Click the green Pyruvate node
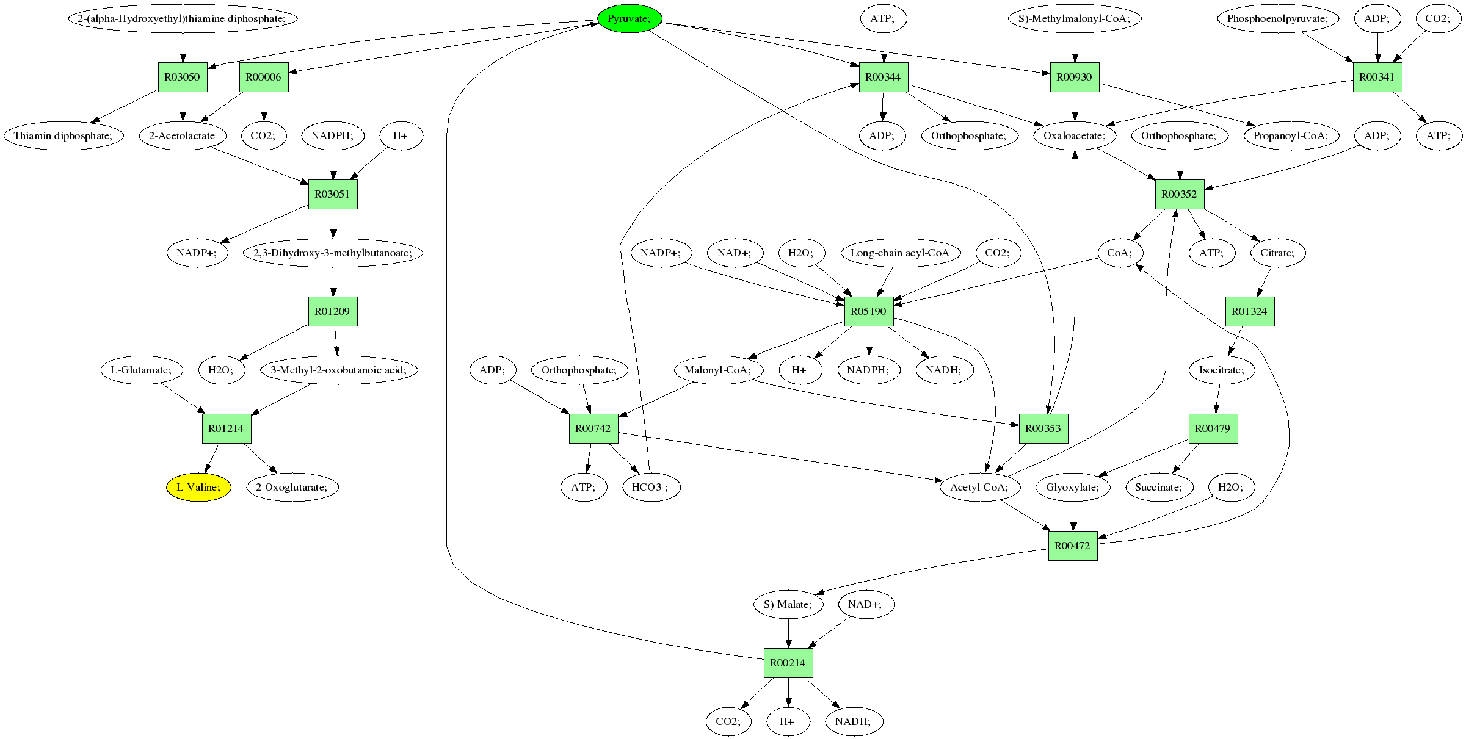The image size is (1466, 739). click(630, 18)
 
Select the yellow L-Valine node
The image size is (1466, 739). click(198, 487)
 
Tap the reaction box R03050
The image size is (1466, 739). click(183, 77)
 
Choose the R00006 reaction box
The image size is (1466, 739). click(264, 77)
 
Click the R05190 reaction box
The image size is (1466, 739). click(869, 311)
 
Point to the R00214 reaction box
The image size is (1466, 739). click(788, 663)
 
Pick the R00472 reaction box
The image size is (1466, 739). click(1073, 546)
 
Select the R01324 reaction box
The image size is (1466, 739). click(1250, 311)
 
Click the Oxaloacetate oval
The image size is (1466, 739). click(1075, 135)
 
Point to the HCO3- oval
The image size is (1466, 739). click(651, 487)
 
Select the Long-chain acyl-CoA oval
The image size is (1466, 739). click(900, 253)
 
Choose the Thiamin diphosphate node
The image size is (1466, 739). click(64, 135)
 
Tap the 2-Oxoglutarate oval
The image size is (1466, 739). click(292, 487)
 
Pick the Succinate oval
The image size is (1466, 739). click(1159, 487)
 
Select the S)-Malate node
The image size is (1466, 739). click(788, 604)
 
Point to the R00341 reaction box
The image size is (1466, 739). click(1377, 77)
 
